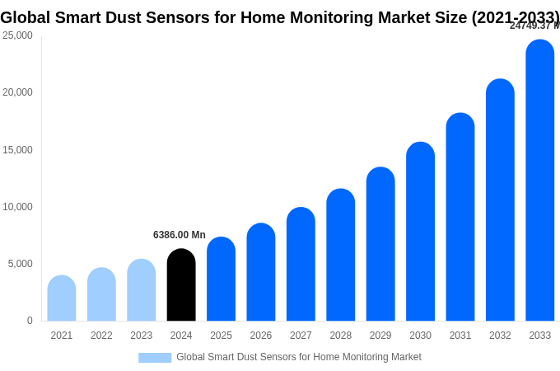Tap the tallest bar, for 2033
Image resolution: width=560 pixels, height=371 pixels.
540,181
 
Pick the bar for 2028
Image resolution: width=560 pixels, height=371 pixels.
341,256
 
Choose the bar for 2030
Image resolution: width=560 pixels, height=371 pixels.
420,232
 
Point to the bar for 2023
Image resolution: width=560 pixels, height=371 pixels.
142,290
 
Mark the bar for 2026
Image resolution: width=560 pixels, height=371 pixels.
261,273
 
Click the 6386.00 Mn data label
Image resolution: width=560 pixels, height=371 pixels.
180,235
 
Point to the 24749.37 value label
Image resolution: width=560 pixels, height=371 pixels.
534,26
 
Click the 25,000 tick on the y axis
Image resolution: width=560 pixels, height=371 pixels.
18,35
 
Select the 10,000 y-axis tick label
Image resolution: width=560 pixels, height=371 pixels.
18,207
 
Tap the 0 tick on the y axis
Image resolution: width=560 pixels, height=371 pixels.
30,321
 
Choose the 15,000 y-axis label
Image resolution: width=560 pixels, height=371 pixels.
18,150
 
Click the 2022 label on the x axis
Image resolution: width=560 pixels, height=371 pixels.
101,336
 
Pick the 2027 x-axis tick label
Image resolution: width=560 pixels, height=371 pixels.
301,336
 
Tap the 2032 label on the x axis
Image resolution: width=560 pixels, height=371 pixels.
500,336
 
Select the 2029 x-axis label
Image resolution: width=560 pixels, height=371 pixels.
380,336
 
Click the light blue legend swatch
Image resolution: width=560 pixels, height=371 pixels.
155,358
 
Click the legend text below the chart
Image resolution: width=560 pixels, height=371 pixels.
299,357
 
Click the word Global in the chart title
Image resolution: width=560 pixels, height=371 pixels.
26,17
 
